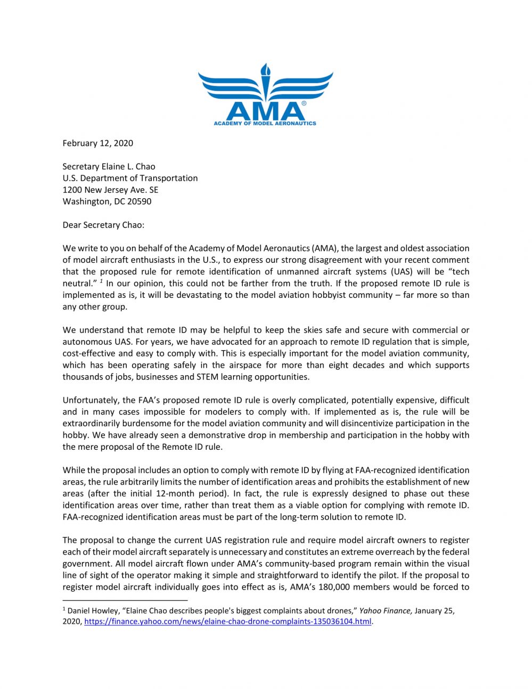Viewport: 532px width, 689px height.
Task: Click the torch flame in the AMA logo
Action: point(265,70)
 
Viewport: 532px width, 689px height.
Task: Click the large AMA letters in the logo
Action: point(265,111)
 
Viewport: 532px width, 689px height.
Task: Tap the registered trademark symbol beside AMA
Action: point(304,103)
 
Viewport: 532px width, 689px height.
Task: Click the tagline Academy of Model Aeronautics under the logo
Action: point(265,123)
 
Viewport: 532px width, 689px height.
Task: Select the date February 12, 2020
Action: point(98,143)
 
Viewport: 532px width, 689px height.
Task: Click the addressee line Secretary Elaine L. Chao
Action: point(109,166)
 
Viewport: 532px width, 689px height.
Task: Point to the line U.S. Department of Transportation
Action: point(130,178)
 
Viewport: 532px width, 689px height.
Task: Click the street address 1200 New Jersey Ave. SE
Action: point(110,190)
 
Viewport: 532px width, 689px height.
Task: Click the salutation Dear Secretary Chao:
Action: point(103,225)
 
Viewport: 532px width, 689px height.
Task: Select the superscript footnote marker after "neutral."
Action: point(101,281)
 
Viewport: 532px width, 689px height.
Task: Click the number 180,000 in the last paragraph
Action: point(334,587)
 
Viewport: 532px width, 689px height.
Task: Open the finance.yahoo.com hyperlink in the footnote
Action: point(227,622)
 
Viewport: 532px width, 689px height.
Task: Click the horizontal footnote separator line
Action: point(105,599)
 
